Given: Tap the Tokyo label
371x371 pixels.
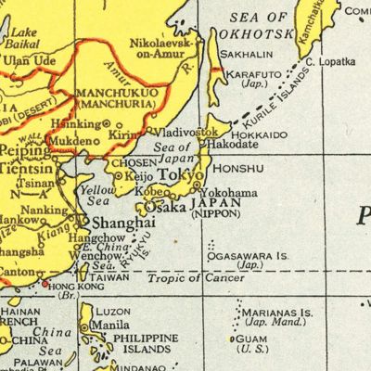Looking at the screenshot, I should (180, 176).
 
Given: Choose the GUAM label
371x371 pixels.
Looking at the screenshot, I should (254, 339).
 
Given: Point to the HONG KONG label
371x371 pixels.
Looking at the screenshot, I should (76, 287).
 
